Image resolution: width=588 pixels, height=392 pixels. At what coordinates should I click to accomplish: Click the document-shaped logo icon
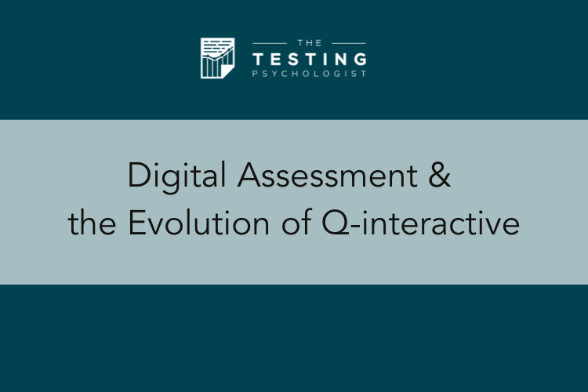click(217, 58)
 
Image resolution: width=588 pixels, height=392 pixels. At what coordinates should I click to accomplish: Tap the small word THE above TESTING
click(310, 43)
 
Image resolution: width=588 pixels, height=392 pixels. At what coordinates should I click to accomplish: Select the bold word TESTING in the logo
click(310, 60)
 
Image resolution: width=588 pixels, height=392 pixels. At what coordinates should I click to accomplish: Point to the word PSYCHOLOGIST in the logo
click(310, 74)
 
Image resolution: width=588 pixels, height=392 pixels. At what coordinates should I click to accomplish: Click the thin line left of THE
click(270, 44)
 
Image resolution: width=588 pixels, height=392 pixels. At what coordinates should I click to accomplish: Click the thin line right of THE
click(349, 44)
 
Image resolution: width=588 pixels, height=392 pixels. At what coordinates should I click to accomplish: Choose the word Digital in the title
click(176, 176)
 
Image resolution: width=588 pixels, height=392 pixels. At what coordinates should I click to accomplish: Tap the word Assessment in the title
click(328, 175)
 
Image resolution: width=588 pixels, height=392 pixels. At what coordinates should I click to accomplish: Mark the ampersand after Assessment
click(440, 175)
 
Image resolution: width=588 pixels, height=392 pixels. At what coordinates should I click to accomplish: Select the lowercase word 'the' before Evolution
click(92, 223)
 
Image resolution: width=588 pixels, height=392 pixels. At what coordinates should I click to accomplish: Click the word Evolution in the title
click(199, 223)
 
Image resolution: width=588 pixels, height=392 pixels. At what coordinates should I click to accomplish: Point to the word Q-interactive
click(421, 223)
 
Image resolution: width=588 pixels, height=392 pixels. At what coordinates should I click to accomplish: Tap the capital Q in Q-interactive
click(335, 223)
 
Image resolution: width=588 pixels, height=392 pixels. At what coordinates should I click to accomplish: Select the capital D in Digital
click(140, 174)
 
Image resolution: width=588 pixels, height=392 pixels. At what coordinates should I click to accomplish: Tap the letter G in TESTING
click(360, 60)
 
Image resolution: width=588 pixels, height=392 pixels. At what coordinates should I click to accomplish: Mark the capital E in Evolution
click(136, 223)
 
